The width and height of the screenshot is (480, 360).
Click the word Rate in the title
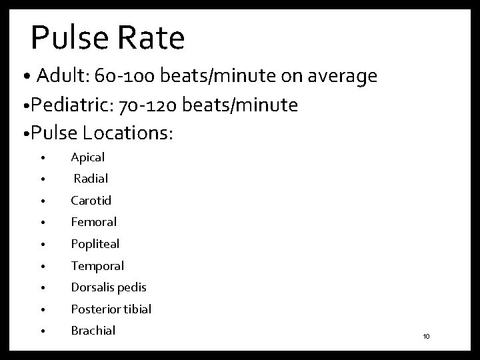click(x=151, y=38)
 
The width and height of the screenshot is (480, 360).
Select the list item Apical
click(x=87, y=158)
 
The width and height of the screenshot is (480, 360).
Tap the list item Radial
click(x=91, y=179)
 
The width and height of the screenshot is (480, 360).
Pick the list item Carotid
click(x=91, y=201)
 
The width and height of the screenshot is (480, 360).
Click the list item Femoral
click(x=93, y=222)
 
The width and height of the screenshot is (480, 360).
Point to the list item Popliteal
click(x=95, y=244)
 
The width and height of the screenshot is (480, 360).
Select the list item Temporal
click(x=97, y=266)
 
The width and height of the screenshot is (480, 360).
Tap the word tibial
click(x=137, y=309)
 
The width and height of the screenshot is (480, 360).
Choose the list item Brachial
click(x=93, y=331)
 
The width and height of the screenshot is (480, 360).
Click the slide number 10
click(x=426, y=337)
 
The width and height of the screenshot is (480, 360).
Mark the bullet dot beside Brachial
click(x=42, y=331)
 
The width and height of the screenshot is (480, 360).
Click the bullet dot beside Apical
click(x=42, y=159)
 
